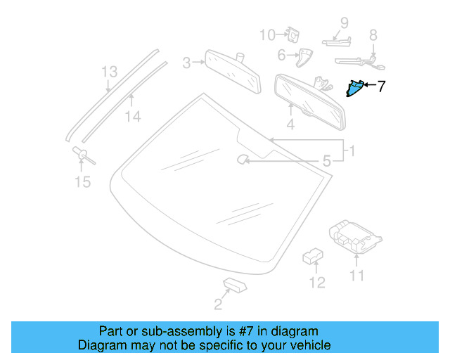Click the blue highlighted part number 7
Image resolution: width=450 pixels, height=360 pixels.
pyautogui.click(x=355, y=88)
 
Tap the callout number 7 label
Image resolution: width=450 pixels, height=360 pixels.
pyautogui.click(x=382, y=87)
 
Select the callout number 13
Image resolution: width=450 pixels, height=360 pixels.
pyautogui.click(x=108, y=72)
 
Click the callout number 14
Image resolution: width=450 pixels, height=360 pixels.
pyautogui.click(x=133, y=117)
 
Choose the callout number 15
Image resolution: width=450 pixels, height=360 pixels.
pyautogui.click(x=83, y=183)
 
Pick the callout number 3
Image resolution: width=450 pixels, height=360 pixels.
pyautogui.click(x=187, y=63)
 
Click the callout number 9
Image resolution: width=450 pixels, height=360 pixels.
pyautogui.click(x=345, y=22)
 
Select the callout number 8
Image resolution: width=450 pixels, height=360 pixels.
pyautogui.click(x=373, y=34)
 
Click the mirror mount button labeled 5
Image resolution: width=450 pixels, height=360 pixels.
pyautogui.click(x=242, y=160)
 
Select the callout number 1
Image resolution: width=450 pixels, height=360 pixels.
pyautogui.click(x=352, y=150)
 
